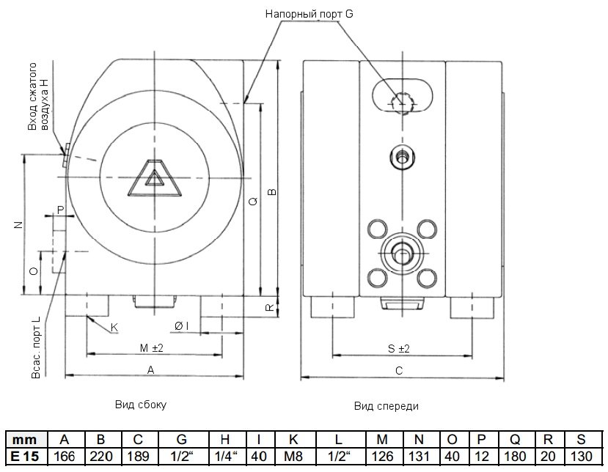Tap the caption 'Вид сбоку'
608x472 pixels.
[141, 404]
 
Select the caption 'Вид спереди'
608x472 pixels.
[387, 405]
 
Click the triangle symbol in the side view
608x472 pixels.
[154, 178]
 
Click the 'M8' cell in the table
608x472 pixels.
[293, 456]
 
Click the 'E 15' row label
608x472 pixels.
[24, 456]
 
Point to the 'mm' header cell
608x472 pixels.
[24, 440]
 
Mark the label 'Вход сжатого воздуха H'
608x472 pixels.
[37, 104]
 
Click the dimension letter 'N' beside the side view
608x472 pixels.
[18, 225]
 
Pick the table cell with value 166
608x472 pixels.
[65, 456]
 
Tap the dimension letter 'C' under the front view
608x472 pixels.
[400, 371]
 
